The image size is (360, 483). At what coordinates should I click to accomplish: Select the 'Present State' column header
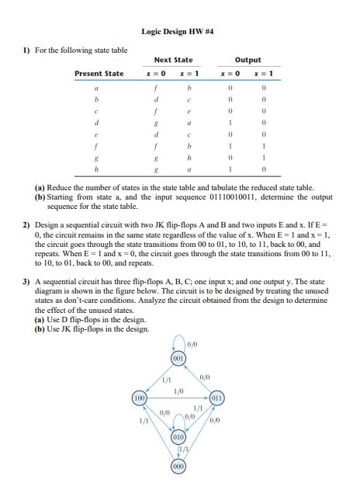(99, 74)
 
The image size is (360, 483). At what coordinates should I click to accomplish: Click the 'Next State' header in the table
(173, 60)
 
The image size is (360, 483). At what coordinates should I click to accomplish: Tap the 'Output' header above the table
(247, 60)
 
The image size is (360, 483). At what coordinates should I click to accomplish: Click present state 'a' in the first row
(97, 89)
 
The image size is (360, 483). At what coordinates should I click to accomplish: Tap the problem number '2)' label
(25, 221)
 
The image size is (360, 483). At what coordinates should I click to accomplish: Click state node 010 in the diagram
(178, 437)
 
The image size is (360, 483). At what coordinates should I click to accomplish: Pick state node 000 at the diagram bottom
(178, 467)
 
